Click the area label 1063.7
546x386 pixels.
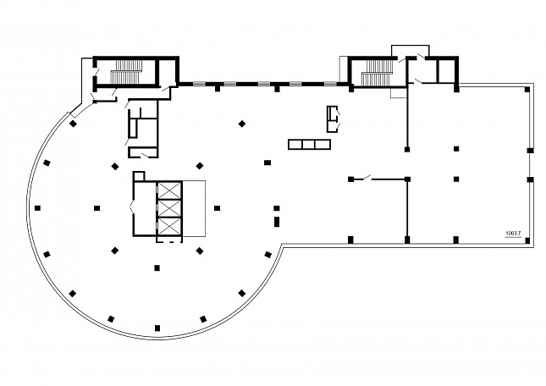pos(513,234)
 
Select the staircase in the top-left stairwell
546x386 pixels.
pos(127,72)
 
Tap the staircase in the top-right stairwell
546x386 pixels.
pos(377,73)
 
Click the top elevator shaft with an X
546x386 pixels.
pos(169,190)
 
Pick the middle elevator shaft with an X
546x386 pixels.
pos(169,208)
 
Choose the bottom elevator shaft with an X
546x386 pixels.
pos(169,226)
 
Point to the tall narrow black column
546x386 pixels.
pos(277,222)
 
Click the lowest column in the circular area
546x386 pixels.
pos(157,328)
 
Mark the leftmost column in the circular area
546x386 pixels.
pos(37,208)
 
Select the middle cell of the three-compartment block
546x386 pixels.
pos(309,145)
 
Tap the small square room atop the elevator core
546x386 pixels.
pos(139,176)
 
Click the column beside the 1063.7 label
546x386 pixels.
pos(527,240)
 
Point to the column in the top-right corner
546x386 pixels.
pos(527,90)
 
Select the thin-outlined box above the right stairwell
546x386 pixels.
pos(411,51)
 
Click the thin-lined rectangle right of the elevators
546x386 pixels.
pos(194,208)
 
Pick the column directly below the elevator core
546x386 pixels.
pos(157,268)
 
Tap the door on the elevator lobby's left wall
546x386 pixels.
pos(131,207)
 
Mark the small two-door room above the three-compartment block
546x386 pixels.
pos(332,119)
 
